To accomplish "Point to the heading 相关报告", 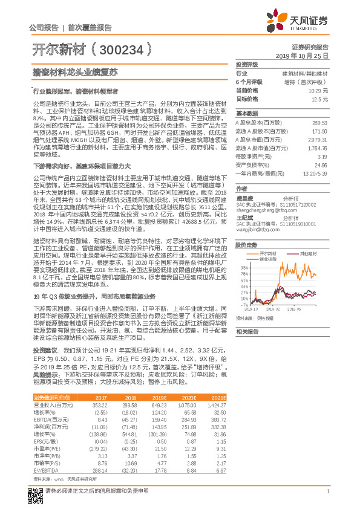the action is click(247, 332).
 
